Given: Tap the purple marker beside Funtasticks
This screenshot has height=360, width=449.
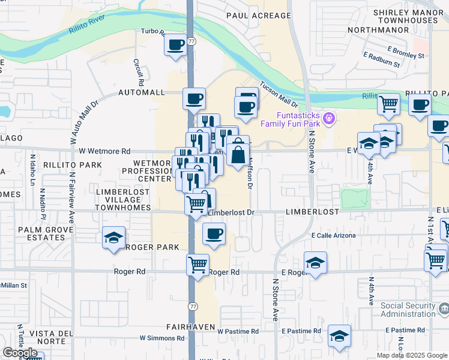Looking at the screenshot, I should click(328, 118).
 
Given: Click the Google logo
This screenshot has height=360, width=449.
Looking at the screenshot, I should click(20, 353).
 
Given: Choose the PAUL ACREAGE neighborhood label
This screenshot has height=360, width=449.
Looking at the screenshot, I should click(258, 16).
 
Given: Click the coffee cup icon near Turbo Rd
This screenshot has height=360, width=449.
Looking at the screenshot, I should click(176, 45).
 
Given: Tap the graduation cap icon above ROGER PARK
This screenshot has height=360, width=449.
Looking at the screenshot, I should click(113, 238).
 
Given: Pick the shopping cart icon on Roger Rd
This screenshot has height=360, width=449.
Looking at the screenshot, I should click(197, 264).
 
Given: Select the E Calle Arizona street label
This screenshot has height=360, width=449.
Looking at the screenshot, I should click(333, 236).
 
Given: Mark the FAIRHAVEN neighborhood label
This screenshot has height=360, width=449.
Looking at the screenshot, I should click(190, 326).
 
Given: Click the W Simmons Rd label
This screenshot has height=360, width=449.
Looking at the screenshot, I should click(162, 338).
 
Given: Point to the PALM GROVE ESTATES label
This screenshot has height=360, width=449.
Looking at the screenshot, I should click(41, 233).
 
